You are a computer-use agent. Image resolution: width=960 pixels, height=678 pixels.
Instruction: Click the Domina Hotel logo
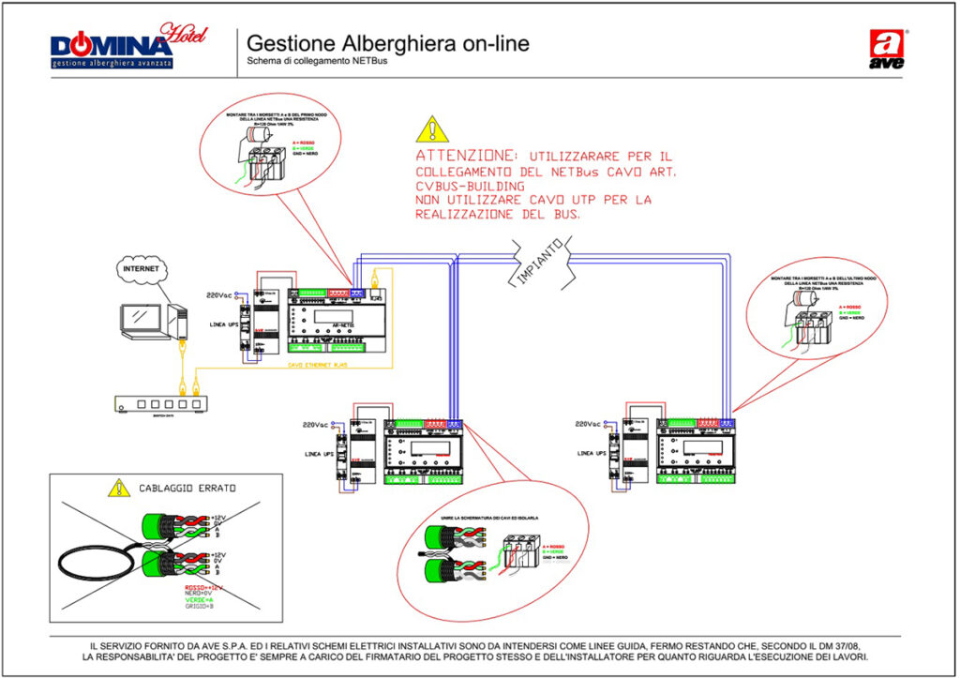127,46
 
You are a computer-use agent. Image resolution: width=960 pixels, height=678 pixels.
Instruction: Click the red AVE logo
888,49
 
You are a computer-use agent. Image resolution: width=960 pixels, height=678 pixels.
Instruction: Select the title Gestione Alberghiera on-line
387,43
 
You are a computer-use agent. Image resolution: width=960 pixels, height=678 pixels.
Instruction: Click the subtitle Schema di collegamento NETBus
316,63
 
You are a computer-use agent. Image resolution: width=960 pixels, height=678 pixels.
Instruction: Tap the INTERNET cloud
142,269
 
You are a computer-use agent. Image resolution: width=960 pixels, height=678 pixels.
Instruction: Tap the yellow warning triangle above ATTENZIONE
430,128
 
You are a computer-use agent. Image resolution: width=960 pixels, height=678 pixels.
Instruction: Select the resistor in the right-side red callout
805,300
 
